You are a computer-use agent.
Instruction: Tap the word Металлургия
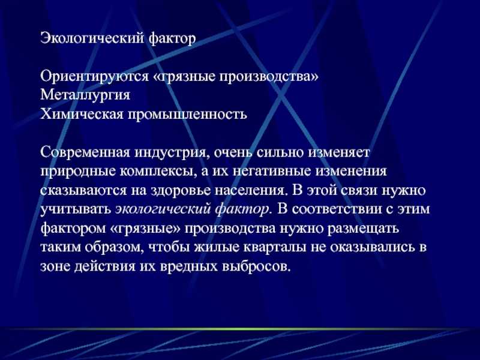pos(85,95)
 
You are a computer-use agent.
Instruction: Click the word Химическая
pos(82,114)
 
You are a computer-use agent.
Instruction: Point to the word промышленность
pos(187,115)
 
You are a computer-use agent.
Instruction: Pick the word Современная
pos(85,152)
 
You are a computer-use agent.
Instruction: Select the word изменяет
pos(338,152)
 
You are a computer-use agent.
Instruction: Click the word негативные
pos(272,171)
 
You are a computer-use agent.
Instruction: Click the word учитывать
pos(76,209)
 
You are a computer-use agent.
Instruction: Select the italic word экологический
pos(164,209)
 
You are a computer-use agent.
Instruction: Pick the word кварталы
pos(274,247)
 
